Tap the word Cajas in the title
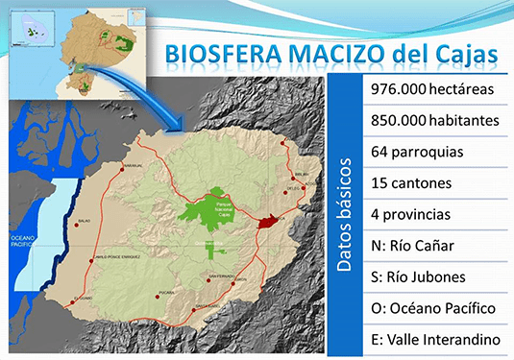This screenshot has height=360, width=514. [x=462, y=53]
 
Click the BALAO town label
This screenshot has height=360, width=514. [x=83, y=221]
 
